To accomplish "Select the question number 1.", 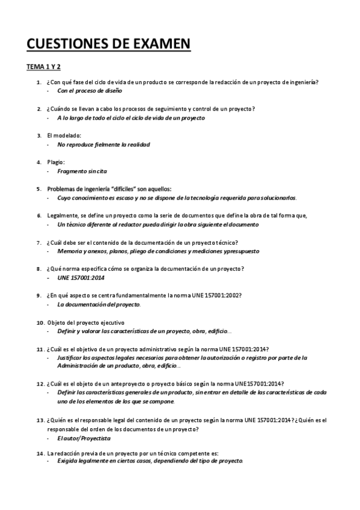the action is pos(38,82).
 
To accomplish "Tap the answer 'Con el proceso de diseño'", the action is pos(90,91).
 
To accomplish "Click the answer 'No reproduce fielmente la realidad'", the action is pos(103,144).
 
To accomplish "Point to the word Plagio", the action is pos(56,162).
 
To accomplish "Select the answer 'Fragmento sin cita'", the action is pos(82,171).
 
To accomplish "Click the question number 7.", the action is pos(38,242).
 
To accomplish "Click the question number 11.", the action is pos(40,349).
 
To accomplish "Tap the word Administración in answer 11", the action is pos(81,366).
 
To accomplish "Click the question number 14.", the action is pos(40,453).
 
